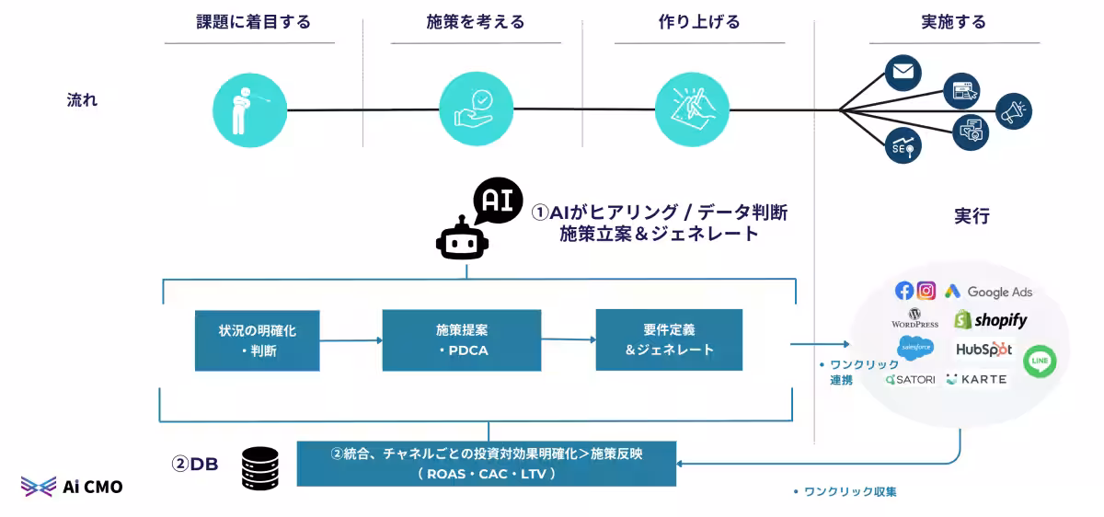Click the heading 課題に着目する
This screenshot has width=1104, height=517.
point(253,22)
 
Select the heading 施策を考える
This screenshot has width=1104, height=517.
point(476,22)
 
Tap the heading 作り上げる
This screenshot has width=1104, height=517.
point(699,22)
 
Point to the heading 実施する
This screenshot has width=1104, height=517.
point(955,22)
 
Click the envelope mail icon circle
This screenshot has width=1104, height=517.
point(903,73)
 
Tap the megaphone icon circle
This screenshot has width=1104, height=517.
point(1013,111)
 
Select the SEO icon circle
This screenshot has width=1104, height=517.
point(903,145)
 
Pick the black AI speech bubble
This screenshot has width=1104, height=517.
point(497,201)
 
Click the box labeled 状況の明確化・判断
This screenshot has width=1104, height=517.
point(257,339)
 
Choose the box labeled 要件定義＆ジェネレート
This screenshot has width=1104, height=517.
point(669,339)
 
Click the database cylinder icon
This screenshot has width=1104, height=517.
point(260,467)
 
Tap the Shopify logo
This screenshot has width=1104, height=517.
point(990,320)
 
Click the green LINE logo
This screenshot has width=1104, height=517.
point(1040,361)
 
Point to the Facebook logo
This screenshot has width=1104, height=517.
point(904,291)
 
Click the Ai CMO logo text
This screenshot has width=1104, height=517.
point(92,487)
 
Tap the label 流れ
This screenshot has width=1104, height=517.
point(82,100)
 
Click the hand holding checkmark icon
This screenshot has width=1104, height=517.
point(476,109)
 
